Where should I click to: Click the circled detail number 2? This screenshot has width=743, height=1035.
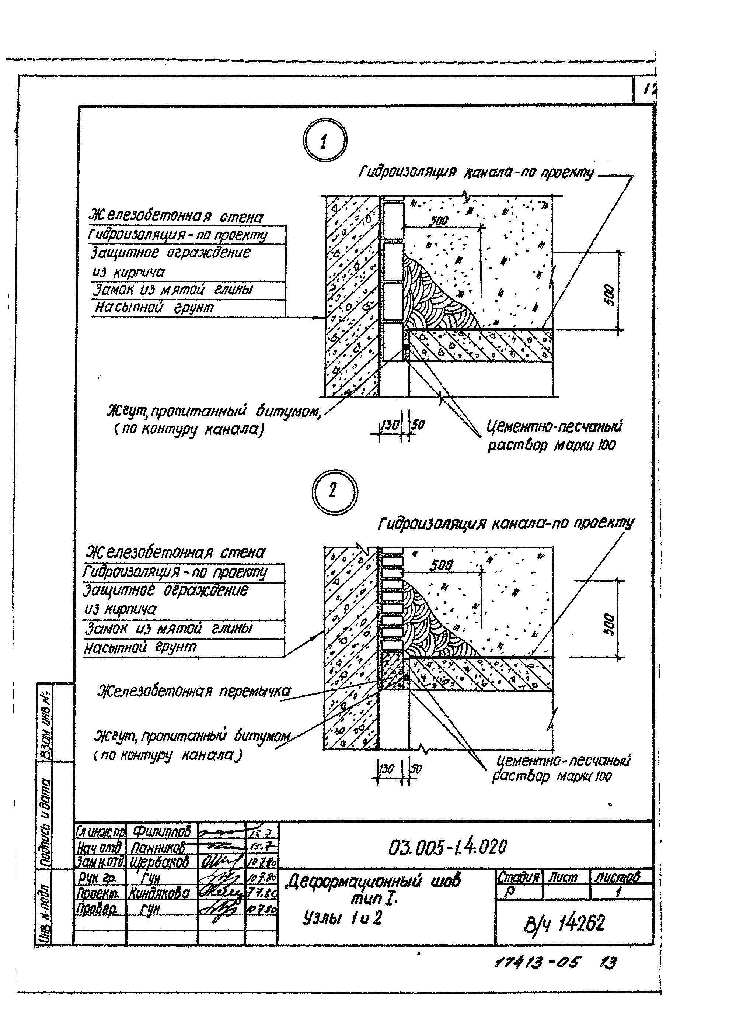click(x=334, y=491)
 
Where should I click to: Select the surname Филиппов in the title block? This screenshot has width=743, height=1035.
click(x=161, y=831)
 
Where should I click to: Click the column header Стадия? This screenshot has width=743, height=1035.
click(x=518, y=877)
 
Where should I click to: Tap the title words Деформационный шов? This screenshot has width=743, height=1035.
click(x=373, y=882)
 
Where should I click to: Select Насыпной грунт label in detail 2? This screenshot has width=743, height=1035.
click(x=140, y=648)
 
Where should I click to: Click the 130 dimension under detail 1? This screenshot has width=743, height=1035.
click(x=390, y=425)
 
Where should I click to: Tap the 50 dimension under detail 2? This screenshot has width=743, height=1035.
click(x=416, y=769)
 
